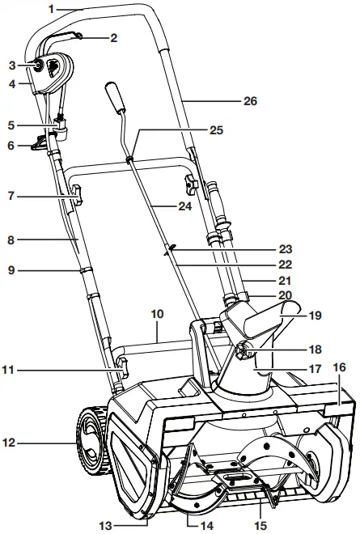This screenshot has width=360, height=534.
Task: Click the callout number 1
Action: point(52,9)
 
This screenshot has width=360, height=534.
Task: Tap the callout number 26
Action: point(250,101)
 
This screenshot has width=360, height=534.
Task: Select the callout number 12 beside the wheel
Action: point(9,443)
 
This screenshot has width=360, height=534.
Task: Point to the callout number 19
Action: point(316,316)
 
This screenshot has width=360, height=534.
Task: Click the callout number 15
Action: point(260,525)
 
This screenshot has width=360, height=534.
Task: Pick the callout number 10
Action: point(157,314)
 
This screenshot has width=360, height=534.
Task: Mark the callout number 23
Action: point(286,249)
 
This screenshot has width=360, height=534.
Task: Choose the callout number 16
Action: point(339,367)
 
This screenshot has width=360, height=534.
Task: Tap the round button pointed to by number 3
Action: point(36,65)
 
